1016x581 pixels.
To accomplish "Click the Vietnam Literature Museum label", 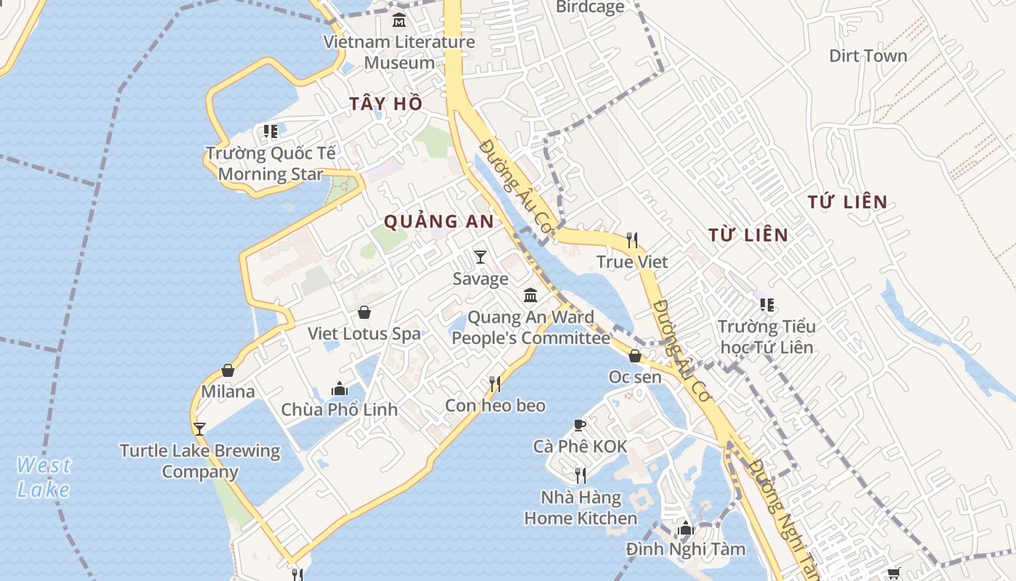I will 399,52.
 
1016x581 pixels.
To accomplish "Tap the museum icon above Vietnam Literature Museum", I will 398,20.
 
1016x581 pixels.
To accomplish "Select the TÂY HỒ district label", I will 385,104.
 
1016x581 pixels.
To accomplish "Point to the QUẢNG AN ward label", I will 438,222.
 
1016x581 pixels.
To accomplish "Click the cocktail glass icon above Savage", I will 480,257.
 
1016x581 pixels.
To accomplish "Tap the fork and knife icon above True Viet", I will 632,240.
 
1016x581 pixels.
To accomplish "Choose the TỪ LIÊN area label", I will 748,235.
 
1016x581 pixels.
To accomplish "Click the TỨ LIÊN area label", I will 848,202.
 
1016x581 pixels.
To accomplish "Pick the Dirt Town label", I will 868,56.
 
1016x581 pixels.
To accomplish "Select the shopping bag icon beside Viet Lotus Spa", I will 364,312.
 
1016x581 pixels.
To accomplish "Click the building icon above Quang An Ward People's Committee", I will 530,296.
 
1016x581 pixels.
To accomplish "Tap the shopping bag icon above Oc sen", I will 635,356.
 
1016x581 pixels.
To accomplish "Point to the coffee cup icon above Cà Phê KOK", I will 579,425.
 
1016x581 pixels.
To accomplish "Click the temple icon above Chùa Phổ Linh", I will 339,389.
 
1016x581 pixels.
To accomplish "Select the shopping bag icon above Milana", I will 228,370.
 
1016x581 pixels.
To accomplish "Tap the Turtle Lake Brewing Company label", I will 200,461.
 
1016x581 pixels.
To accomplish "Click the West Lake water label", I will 44,477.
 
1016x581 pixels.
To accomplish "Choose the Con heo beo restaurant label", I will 495,405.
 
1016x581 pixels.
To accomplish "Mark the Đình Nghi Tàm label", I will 686,549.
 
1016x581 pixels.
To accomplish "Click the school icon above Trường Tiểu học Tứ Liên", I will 766,305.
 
